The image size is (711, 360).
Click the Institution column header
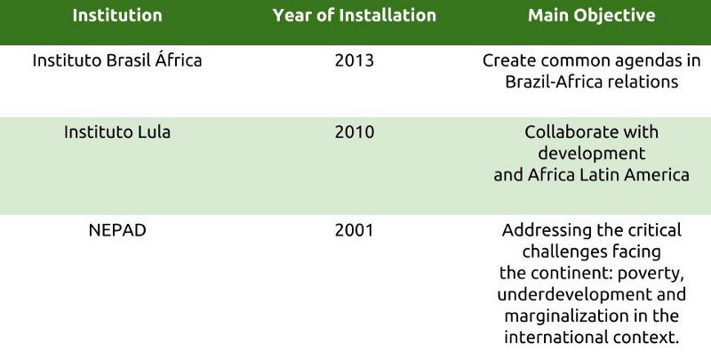117,15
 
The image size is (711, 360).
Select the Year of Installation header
354,15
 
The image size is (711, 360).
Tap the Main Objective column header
591,15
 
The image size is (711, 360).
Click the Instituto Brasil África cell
117,60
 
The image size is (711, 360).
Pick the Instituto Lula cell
117,132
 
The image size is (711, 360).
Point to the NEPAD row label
117,230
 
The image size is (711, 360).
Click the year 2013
354,60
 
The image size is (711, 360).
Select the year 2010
354,132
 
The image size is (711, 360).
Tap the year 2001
354,230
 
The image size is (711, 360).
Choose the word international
555,337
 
